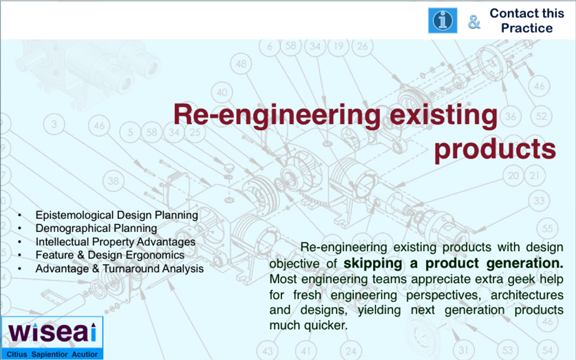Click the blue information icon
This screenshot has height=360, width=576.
(442, 21)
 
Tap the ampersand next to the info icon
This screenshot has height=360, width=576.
(474, 21)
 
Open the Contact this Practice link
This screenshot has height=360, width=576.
(526, 21)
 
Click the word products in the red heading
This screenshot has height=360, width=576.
(495, 149)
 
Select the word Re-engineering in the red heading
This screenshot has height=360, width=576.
(277, 115)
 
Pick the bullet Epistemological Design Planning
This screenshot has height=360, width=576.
(117, 215)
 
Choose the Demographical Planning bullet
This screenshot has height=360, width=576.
(96, 228)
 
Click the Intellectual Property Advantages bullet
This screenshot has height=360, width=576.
(116, 242)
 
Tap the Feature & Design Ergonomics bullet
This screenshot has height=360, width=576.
(110, 255)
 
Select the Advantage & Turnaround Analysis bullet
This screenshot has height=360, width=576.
(119, 268)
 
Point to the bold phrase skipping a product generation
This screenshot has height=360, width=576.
(454, 264)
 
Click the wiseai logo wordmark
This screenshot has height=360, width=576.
(52, 332)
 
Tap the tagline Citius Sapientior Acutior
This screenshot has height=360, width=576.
(52, 354)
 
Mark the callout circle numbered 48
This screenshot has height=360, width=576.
(241, 64)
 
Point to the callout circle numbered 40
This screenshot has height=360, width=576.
(222, 92)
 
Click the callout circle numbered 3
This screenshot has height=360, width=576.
(54, 124)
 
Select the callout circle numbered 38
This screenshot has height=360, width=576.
(113, 181)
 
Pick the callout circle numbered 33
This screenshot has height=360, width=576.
(539, 201)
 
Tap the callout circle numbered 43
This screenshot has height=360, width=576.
(268, 350)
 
